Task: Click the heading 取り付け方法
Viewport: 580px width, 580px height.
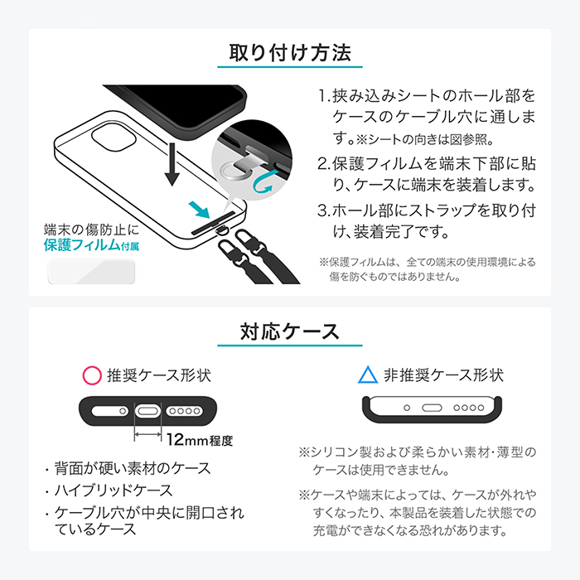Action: [290, 52]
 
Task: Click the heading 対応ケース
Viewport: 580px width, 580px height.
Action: [290, 331]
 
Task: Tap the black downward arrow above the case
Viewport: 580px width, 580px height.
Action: [172, 165]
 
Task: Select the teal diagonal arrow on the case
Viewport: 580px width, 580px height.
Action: [199, 210]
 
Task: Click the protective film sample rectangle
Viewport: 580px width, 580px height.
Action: [91, 272]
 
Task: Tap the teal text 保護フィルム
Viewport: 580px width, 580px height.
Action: [82, 245]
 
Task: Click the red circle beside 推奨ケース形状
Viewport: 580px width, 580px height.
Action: [92, 375]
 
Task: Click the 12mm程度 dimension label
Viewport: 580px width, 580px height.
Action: [200, 440]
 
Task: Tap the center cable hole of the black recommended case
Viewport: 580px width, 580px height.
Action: [148, 411]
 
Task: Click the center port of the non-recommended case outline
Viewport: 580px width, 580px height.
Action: [432, 408]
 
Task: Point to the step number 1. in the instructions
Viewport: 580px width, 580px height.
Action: [324, 96]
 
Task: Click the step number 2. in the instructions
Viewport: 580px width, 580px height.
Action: [324, 163]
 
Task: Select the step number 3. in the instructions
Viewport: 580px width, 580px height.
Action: [324, 210]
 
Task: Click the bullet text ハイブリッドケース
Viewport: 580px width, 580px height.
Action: [114, 491]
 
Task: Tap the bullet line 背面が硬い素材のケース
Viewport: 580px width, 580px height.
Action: [133, 468]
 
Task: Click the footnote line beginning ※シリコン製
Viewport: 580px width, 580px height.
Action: [418, 452]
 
